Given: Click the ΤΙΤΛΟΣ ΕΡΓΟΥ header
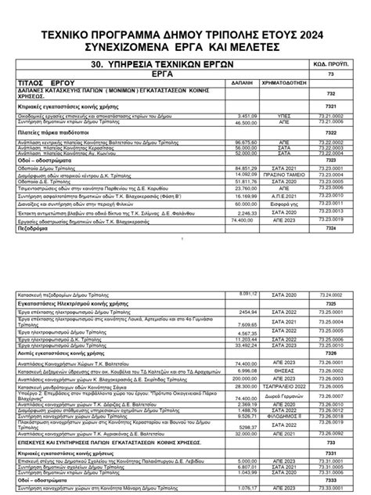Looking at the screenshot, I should coord(47,81).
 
